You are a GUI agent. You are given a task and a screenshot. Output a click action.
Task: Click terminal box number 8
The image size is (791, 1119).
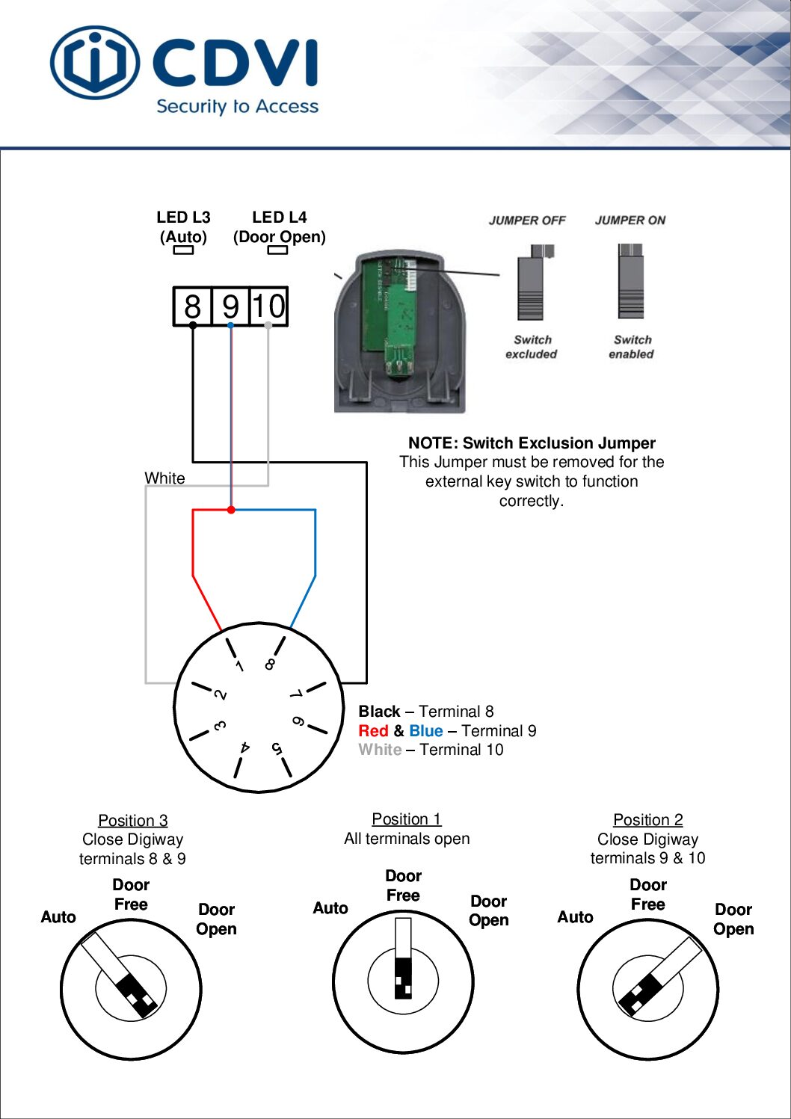192,306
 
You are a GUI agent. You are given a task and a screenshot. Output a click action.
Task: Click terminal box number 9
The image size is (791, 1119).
230,306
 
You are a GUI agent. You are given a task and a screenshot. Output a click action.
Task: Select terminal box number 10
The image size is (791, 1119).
268,306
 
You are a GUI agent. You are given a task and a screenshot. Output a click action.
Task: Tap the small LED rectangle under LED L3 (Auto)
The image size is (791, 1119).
183,250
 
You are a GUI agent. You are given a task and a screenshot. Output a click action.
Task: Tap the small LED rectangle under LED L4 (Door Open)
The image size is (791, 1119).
277,250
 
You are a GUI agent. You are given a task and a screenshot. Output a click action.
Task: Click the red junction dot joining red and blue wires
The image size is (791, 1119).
231,510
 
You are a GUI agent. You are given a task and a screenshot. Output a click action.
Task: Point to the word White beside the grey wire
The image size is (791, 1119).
164,478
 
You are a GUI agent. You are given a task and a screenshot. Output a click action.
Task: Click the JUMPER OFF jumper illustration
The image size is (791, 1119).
531,283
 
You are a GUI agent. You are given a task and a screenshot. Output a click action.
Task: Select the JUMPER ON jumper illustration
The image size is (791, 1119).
630,281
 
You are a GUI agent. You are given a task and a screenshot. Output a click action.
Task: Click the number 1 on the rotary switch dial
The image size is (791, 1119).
239,665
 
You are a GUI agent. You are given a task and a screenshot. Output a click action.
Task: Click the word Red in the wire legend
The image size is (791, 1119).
373,731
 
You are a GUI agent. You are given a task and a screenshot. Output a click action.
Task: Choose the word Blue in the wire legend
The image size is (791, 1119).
425,731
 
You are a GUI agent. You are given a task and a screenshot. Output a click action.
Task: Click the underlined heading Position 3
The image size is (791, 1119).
133,821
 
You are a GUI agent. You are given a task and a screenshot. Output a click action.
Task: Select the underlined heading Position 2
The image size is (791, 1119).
647,820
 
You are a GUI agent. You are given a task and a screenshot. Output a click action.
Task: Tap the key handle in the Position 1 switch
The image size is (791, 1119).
403,958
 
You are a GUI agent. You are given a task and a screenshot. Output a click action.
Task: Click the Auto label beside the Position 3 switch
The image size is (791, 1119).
58,917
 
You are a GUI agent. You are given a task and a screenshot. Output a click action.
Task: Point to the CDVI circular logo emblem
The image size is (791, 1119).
94,64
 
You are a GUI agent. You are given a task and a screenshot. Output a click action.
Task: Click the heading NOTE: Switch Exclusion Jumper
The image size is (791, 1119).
532,443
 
